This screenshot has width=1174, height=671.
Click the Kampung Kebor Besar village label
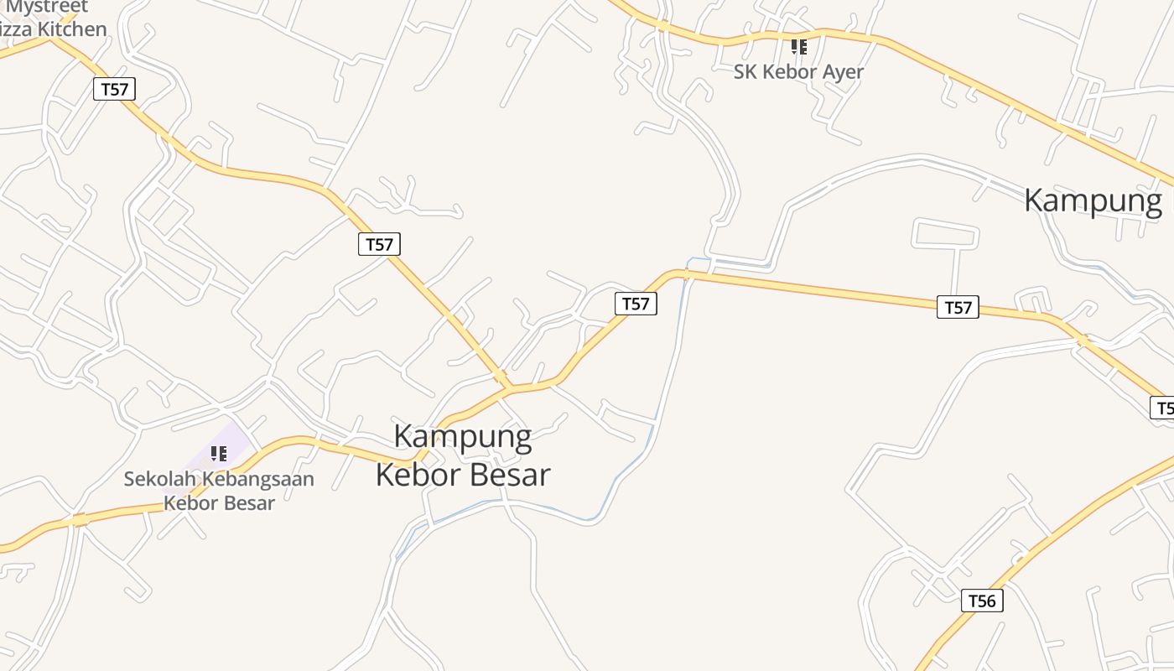[463, 455]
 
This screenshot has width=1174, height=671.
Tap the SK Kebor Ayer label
[798, 72]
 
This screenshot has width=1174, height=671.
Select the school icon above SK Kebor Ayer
[799, 47]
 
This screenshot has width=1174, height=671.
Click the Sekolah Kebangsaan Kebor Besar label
[219, 491]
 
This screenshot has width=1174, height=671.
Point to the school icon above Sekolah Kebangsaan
[219, 454]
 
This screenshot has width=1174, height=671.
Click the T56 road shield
[982, 601]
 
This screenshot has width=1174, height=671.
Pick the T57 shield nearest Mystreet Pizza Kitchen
[114, 89]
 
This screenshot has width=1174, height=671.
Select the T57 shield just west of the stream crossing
[636, 304]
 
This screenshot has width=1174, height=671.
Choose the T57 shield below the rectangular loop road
[958, 307]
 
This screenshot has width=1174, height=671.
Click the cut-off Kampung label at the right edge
[1094, 200]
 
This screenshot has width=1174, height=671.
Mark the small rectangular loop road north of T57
[945, 234]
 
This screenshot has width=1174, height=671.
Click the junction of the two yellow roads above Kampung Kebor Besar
[509, 388]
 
